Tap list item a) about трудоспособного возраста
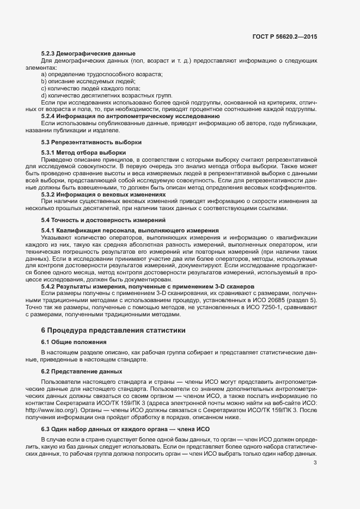coord(102,73)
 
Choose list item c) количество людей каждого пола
coord(90,88)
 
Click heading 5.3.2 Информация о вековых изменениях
coord(103,194)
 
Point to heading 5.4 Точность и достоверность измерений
coord(103,220)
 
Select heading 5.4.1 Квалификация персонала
coord(130,230)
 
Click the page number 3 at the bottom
coord(315,463)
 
